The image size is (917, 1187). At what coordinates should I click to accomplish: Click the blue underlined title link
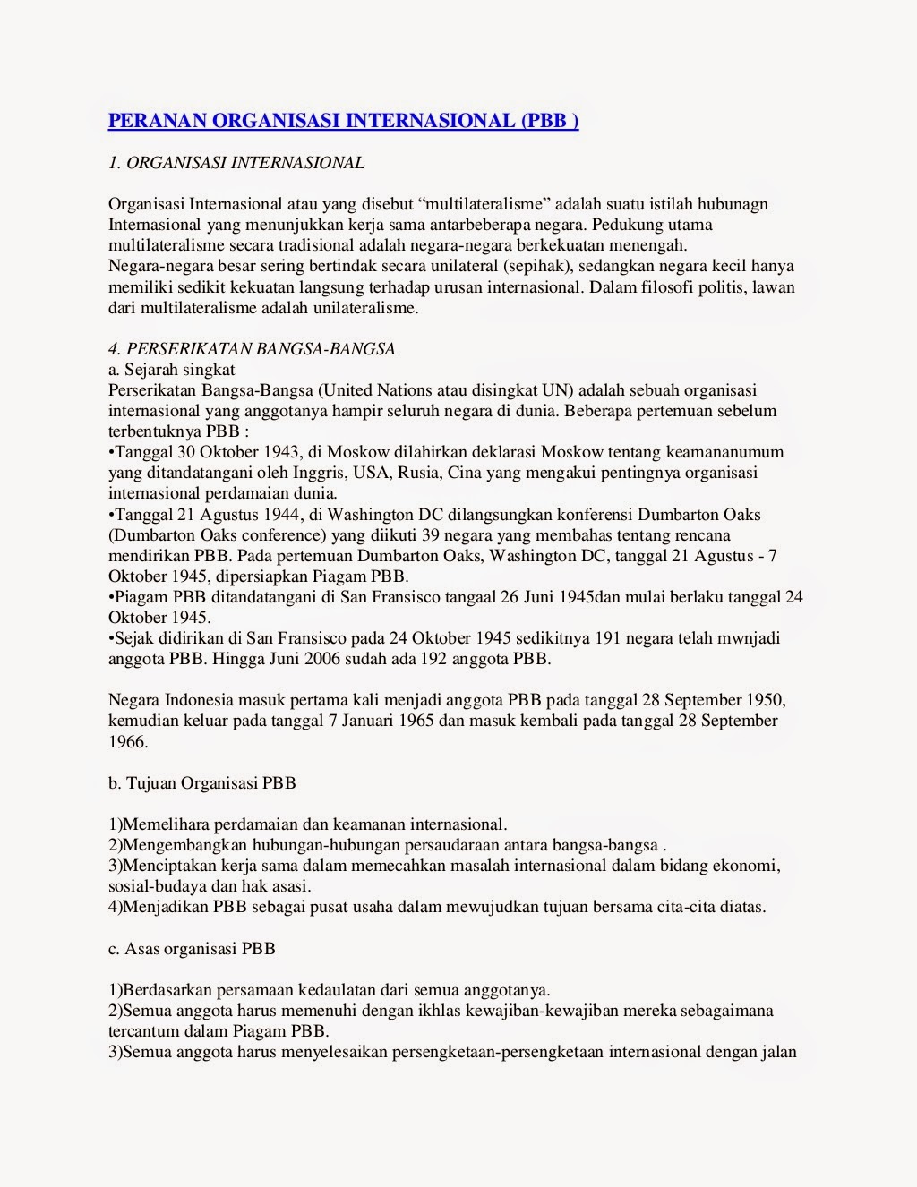(343, 121)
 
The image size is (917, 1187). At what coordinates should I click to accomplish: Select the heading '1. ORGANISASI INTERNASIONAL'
(236, 163)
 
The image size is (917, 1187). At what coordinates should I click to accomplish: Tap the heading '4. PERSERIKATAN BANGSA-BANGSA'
(252, 349)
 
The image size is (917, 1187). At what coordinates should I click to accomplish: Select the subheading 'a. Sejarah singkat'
(171, 370)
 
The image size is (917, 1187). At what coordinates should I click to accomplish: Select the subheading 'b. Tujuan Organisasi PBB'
(201, 783)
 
